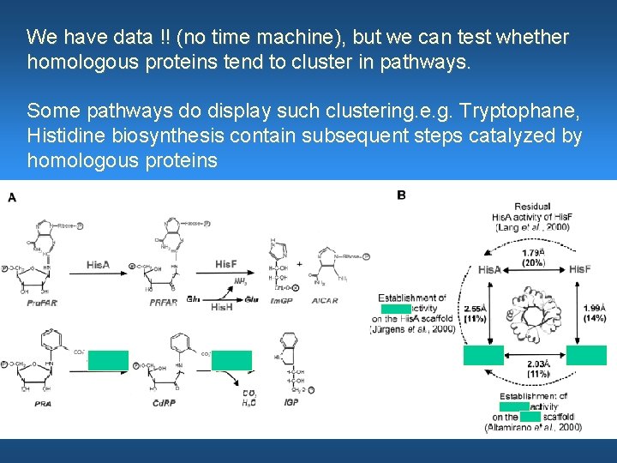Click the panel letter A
pos(12,197)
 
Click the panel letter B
pos(402,195)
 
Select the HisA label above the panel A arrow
pos(99,265)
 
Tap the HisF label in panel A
pos(226,264)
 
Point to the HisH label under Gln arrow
pos(221,306)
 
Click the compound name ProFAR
pos(42,303)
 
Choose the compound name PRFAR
pos(164,302)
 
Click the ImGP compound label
pos(279,301)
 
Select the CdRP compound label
pos(165,402)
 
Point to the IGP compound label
pos(291,402)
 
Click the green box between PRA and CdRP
pos(108,360)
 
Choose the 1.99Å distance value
pos(594,308)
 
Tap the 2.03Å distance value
pos(538,364)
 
